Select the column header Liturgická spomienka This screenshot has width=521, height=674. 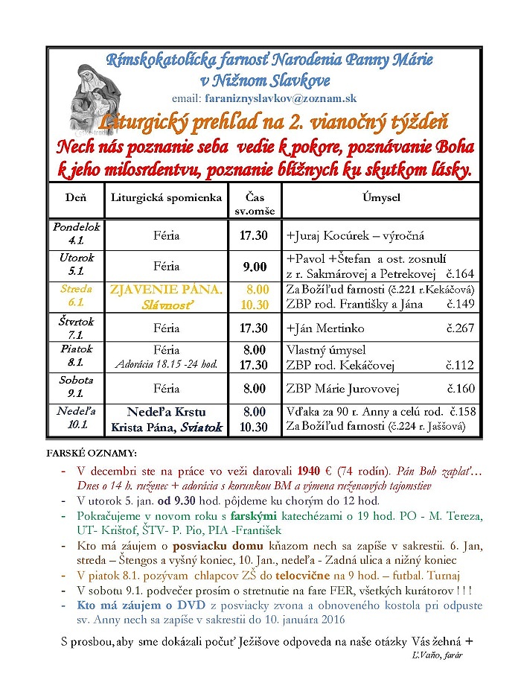tap(166, 197)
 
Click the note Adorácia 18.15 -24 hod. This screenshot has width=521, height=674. tap(166, 365)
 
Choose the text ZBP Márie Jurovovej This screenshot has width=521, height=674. tap(343, 388)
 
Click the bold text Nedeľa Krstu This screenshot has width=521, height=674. tap(166, 413)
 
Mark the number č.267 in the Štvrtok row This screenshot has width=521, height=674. tap(460, 328)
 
